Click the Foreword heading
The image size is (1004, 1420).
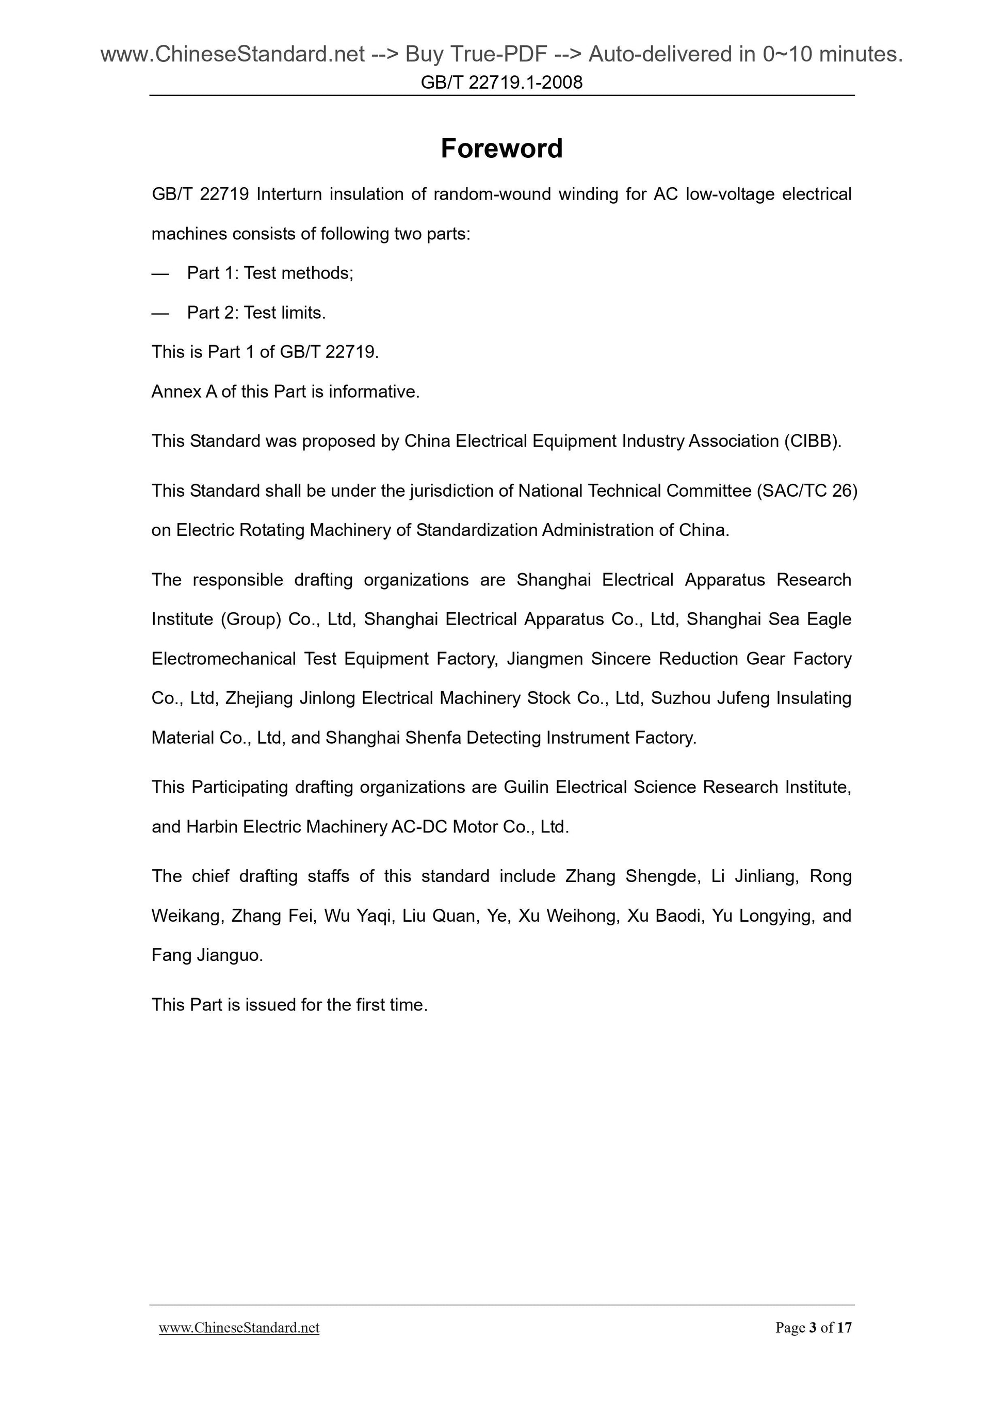[501, 149]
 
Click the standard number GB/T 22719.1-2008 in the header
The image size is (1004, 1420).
[501, 82]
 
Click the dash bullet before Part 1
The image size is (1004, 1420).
[160, 273]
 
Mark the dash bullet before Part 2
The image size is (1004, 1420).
[160, 313]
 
